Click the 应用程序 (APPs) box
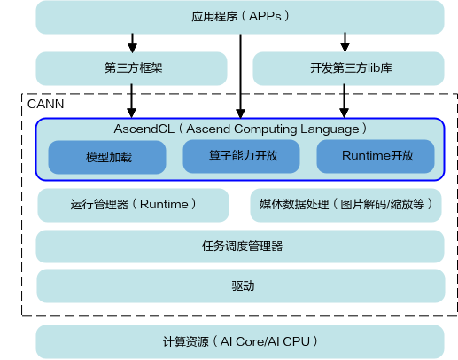(240, 16)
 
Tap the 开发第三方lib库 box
(347, 67)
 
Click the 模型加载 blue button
(107, 157)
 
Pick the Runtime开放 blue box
(376, 156)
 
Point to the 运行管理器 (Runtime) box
(133, 205)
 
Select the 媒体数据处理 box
(345, 205)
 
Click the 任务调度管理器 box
(240, 246)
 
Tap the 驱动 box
(240, 286)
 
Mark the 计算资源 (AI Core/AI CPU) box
(240, 341)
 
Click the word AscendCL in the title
(145, 129)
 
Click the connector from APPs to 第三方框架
(133, 42)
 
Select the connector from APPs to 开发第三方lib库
(347, 42)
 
